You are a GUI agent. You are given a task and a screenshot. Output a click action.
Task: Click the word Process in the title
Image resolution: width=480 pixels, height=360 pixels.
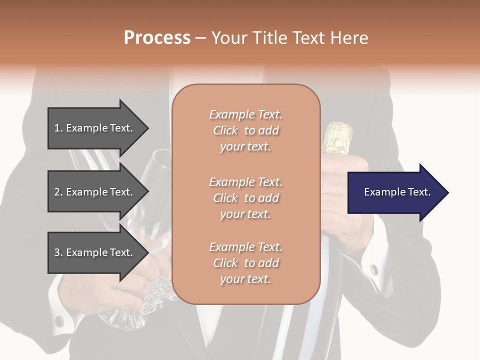click(x=157, y=38)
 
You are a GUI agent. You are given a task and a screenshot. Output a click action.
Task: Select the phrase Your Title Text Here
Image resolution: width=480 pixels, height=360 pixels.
click(x=289, y=38)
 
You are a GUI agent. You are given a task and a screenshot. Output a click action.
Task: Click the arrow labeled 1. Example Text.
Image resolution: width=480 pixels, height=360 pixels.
click(x=95, y=128)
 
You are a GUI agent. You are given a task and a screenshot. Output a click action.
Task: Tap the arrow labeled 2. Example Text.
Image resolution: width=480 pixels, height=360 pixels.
click(x=95, y=192)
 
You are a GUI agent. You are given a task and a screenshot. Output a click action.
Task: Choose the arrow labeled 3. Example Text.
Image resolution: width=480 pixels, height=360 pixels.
click(x=95, y=252)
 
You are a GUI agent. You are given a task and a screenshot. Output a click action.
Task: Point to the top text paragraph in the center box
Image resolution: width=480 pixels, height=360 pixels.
click(x=245, y=130)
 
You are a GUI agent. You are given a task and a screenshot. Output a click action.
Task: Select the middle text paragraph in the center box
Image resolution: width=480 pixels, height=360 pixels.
click(x=245, y=198)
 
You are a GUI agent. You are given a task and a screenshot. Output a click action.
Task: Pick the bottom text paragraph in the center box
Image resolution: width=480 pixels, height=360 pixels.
click(x=245, y=263)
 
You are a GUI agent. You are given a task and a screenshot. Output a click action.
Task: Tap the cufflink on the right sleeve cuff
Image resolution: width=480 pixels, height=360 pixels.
click(x=374, y=269)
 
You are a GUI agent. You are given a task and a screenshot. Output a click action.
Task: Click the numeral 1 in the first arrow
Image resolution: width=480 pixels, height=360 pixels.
click(x=57, y=128)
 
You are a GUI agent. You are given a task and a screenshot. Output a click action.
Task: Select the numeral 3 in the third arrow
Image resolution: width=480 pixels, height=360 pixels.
click(x=57, y=252)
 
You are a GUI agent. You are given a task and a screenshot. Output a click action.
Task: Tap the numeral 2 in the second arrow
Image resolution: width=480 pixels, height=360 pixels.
click(x=57, y=192)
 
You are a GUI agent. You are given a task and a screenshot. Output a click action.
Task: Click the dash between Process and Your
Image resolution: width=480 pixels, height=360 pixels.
click(x=200, y=38)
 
